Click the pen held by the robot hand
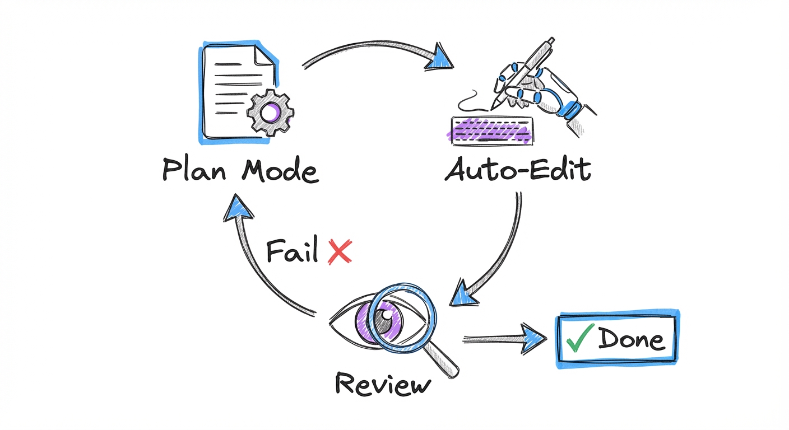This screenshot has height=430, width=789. (521, 73)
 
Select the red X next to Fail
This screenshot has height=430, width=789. (339, 251)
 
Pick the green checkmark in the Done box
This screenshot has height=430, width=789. (581, 338)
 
